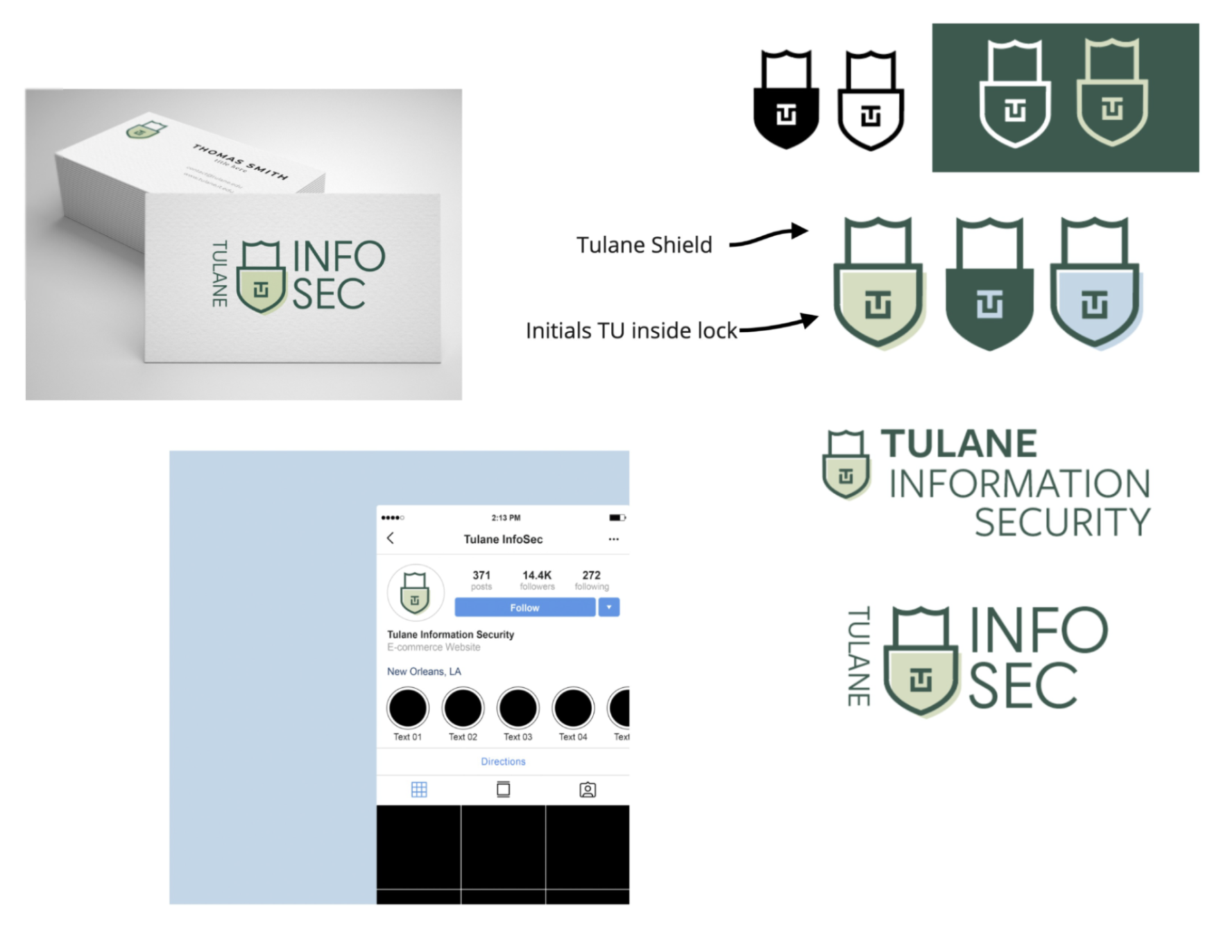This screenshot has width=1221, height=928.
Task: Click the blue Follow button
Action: click(524, 608)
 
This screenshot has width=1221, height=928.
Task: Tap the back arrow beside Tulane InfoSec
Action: click(391, 538)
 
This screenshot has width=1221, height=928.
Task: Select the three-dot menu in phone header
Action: click(613, 539)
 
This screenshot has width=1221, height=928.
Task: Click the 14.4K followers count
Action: click(537, 576)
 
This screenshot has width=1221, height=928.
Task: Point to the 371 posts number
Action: click(481, 576)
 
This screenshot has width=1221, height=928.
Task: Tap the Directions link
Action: click(503, 762)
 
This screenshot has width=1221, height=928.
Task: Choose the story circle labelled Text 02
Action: click(463, 708)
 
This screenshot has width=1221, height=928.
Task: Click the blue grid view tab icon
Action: click(419, 789)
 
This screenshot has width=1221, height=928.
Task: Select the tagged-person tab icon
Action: click(587, 789)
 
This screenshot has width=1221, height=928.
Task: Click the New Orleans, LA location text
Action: click(424, 671)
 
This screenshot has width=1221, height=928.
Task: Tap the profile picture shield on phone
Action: click(415, 593)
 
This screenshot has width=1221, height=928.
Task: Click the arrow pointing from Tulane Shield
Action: click(769, 237)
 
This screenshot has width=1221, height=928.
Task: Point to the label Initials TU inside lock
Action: click(631, 331)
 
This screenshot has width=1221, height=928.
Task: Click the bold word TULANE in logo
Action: click(959, 444)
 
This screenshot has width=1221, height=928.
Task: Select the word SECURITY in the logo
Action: click(1062, 523)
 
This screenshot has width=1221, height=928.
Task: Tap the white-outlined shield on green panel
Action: click(1014, 94)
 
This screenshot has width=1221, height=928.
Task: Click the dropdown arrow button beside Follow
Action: click(608, 608)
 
